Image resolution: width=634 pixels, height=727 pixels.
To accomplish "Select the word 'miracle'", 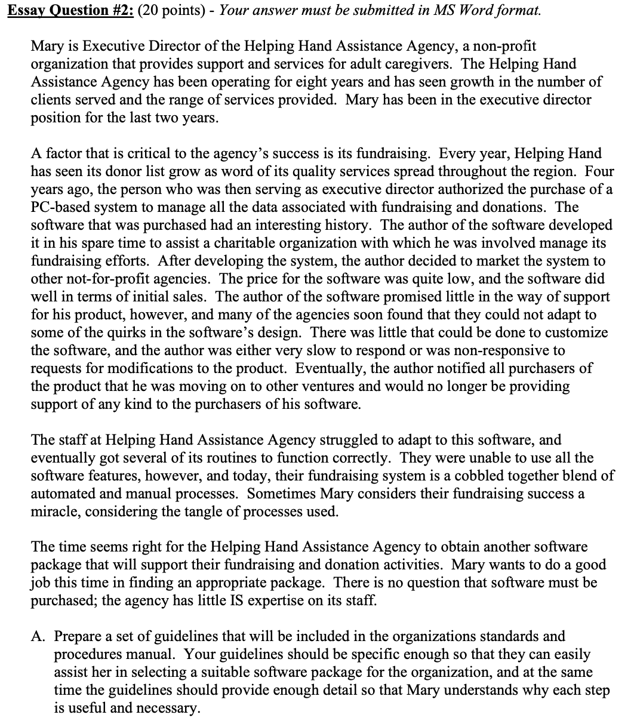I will [53, 512].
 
